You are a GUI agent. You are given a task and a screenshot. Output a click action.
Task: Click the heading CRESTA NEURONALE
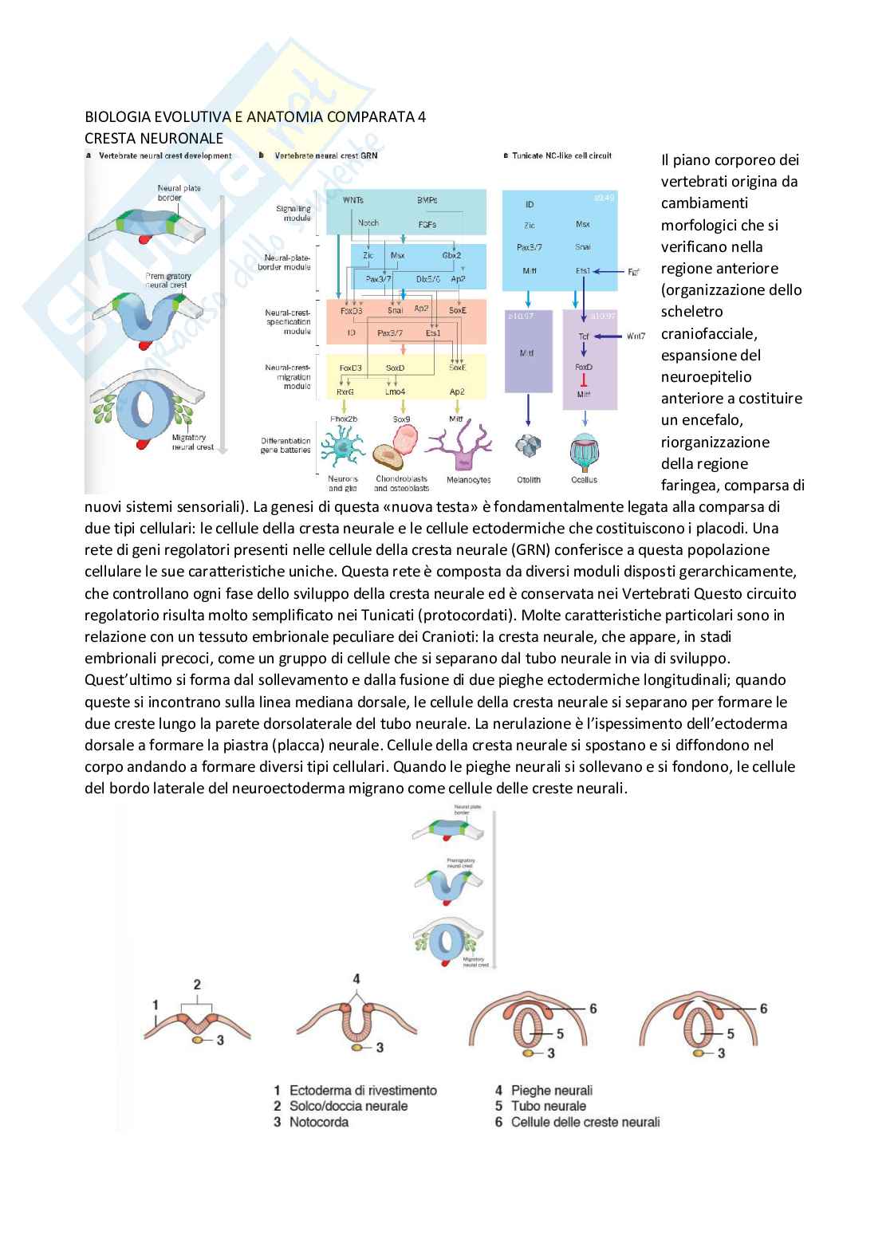point(154,138)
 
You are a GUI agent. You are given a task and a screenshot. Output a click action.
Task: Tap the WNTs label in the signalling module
point(352,200)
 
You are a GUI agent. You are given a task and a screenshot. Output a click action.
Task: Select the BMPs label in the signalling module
point(427,200)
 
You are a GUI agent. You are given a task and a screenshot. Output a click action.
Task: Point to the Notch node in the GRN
point(368,223)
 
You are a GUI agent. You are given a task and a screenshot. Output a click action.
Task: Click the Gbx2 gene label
point(451,256)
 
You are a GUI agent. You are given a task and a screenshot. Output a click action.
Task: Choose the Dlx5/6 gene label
point(428,279)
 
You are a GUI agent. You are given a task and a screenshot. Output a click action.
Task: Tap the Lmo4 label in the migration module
point(395,391)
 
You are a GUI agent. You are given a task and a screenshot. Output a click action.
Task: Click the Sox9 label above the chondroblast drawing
point(401,419)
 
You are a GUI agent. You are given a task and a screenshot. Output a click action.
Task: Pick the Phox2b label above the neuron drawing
point(344,419)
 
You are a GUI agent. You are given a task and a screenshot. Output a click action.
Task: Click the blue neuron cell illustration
point(344,450)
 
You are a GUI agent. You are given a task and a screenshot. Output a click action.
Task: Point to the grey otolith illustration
point(527,447)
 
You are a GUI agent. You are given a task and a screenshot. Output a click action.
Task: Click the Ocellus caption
point(584,480)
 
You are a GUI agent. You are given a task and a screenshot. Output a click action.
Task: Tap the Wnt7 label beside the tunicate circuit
point(636,336)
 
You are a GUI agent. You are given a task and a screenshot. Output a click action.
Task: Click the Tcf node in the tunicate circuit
point(584,336)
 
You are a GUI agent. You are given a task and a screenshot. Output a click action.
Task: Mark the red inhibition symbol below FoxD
point(584,380)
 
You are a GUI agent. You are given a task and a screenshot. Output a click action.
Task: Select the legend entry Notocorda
point(318,1122)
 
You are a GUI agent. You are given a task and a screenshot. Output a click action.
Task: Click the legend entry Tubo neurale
point(548,1106)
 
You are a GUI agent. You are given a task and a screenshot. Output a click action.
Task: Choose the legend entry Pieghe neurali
point(551,1090)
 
